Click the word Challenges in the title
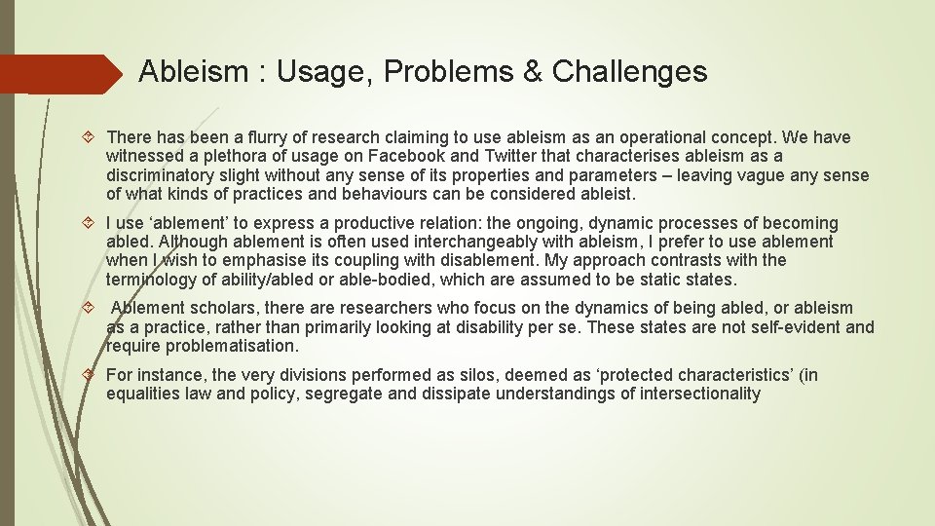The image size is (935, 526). [x=630, y=71]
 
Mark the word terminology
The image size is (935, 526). [x=149, y=280]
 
